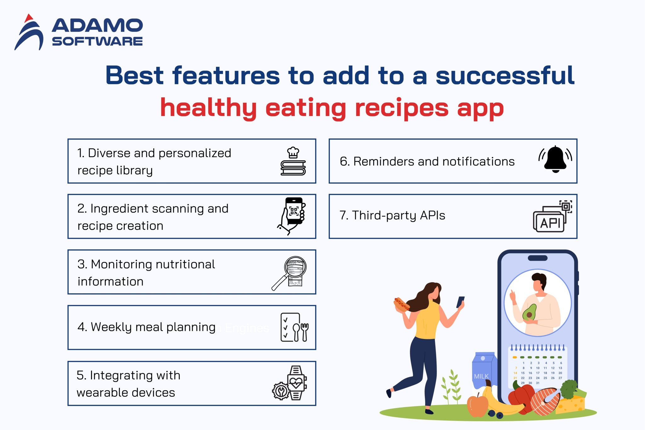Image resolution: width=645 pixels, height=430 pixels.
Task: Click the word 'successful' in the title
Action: click(x=505, y=76)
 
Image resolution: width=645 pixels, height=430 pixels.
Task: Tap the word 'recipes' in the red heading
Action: click(x=402, y=108)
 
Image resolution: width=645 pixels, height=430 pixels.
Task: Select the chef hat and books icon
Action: click(x=293, y=161)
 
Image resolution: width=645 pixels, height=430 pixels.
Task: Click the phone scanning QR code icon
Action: click(x=292, y=216)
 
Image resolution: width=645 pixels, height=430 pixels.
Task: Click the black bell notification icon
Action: click(x=555, y=159)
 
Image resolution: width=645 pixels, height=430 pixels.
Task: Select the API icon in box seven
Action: click(x=552, y=217)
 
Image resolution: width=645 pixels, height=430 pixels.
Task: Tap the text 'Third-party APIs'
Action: click(x=398, y=215)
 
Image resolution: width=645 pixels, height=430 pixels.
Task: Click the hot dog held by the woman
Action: click(x=401, y=304)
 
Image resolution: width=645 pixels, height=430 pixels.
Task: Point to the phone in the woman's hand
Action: click(x=460, y=301)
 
